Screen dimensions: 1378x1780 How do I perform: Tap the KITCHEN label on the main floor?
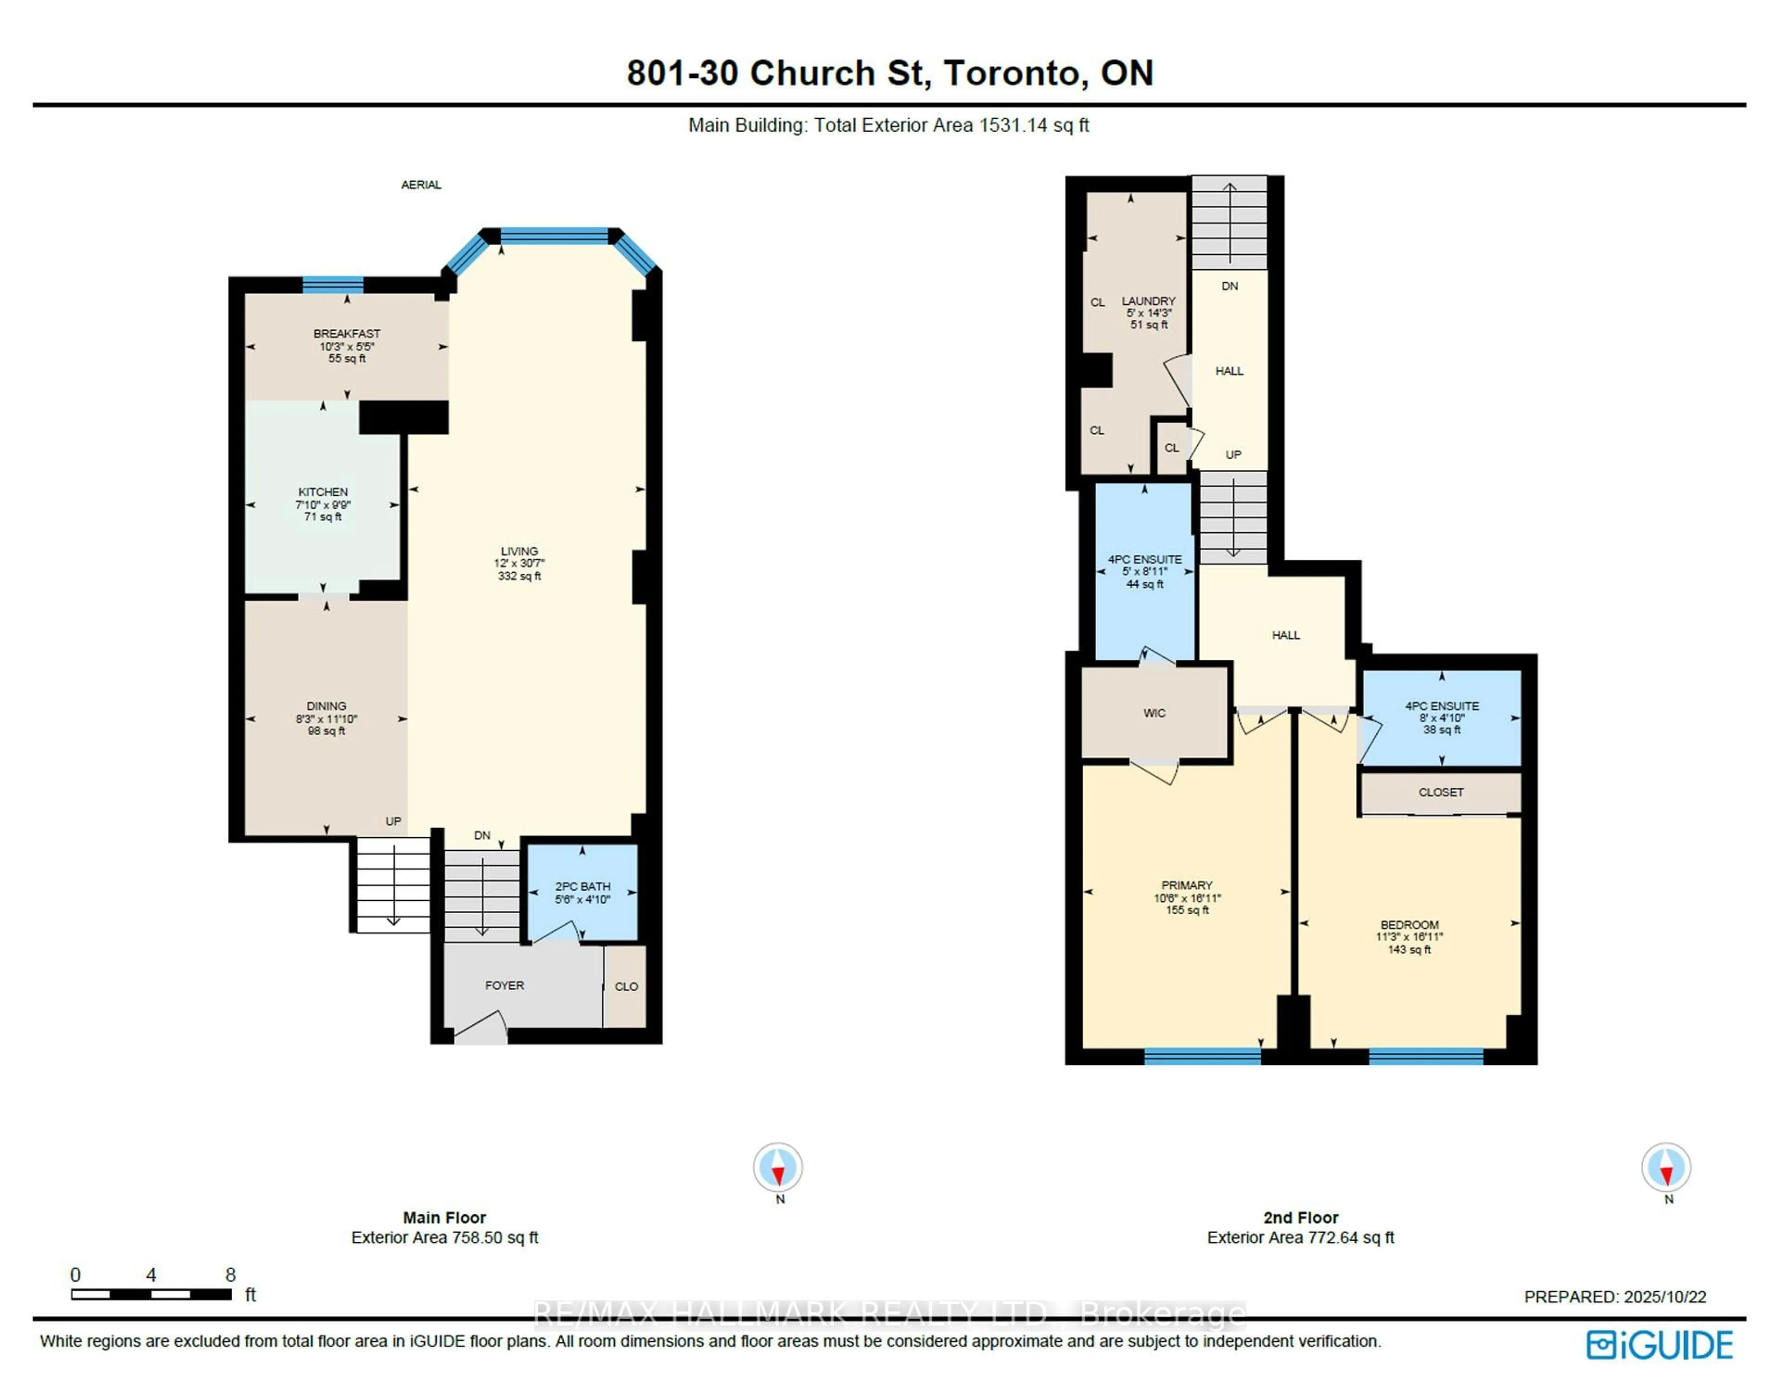(x=323, y=492)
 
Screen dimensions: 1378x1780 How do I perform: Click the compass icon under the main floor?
(x=777, y=1167)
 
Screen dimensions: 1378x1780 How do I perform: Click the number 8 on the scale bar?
(x=231, y=1275)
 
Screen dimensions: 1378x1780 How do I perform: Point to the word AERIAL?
(x=420, y=185)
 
